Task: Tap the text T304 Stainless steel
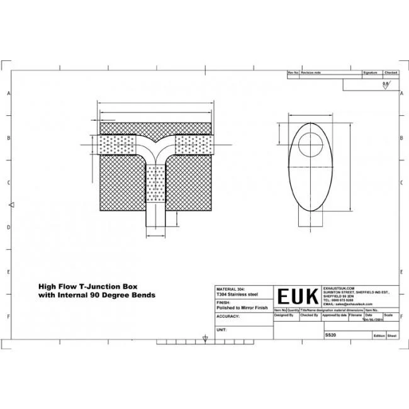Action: click(237, 292)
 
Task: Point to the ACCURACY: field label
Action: click(228, 317)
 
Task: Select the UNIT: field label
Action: click(221, 329)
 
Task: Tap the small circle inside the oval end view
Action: click(308, 143)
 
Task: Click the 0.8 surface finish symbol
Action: click(386, 82)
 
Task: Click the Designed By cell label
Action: click(284, 315)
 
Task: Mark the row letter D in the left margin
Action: click(8, 227)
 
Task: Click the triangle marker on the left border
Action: click(11, 205)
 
